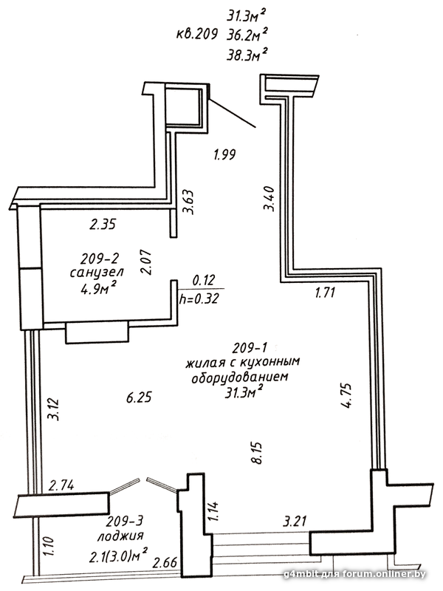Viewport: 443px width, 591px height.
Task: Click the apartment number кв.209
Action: click(197, 35)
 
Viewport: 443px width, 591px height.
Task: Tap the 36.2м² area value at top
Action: click(247, 35)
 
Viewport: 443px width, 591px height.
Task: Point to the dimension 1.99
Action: click(224, 154)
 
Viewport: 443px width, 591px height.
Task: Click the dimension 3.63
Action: click(188, 202)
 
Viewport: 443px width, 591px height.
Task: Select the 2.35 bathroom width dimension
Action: click(103, 225)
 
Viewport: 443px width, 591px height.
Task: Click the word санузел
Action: click(97, 272)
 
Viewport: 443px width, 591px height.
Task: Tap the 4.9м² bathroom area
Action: click(98, 289)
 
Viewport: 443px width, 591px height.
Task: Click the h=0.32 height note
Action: click(199, 299)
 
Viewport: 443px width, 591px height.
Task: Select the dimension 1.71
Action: click(325, 292)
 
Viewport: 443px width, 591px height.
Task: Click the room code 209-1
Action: click(250, 347)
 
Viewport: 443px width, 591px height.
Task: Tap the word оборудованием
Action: click(240, 378)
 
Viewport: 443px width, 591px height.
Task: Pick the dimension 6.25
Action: click(139, 397)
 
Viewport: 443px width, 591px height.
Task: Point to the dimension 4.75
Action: click(346, 395)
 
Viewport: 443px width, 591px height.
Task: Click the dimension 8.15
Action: click(259, 453)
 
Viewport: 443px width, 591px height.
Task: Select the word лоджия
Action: click(120, 536)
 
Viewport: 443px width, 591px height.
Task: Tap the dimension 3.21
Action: click(295, 522)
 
